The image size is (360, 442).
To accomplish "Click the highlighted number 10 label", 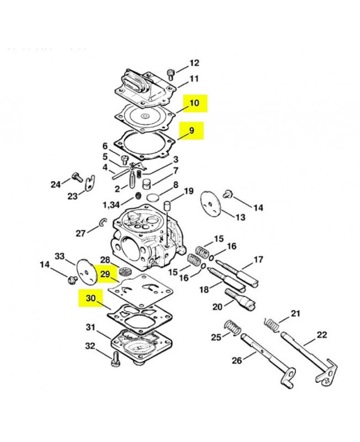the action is [x=195, y=103].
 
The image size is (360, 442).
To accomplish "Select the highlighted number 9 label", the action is [x=192, y=130].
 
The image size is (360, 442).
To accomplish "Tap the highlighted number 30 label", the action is [x=91, y=298].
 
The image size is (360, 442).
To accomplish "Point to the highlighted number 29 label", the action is [x=105, y=273].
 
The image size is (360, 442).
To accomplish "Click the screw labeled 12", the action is [x=171, y=74].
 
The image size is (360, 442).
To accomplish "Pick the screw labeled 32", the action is [x=115, y=359].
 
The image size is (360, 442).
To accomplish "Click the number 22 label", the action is [x=322, y=335].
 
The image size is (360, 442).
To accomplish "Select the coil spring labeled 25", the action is [x=233, y=328].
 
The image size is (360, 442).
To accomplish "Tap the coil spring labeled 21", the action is [x=272, y=324].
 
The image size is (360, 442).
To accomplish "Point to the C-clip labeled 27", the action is [x=103, y=222].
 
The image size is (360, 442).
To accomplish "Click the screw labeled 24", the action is [x=77, y=177].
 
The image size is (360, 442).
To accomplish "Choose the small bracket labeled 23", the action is [x=90, y=183].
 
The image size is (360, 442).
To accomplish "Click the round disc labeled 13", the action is [x=211, y=204].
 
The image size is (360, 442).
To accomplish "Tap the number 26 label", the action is [x=237, y=360].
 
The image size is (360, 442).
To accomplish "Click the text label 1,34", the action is [x=111, y=205].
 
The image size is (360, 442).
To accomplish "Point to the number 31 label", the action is [x=91, y=327].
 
